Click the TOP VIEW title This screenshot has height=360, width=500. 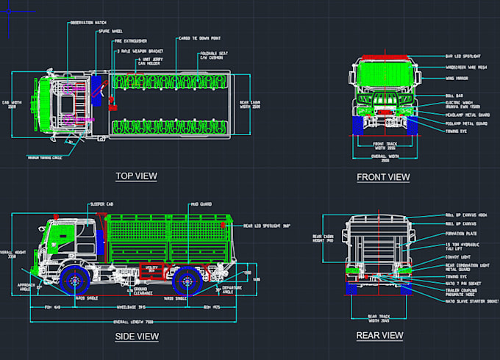136,176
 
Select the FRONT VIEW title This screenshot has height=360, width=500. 383,177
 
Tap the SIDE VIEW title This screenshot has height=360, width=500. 137,336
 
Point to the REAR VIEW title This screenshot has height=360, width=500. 379,335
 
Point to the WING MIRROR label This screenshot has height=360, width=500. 459,76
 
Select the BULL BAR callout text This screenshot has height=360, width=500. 454,96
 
